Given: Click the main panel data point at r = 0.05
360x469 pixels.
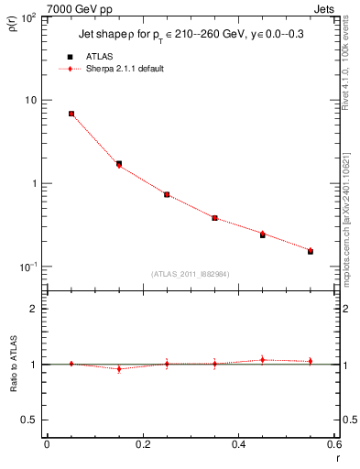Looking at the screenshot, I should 71,114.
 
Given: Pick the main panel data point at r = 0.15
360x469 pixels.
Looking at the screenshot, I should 119,164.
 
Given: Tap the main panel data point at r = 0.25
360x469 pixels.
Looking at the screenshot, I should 167,194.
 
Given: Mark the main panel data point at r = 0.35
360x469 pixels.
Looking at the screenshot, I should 214,218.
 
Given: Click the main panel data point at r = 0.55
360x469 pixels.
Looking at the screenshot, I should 311,250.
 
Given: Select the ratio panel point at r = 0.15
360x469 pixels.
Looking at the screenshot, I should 119,369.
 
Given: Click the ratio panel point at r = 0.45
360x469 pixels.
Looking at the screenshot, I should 263,360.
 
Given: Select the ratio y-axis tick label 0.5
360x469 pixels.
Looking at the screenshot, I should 32,420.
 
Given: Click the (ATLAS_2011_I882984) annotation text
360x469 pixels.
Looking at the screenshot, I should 190,273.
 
